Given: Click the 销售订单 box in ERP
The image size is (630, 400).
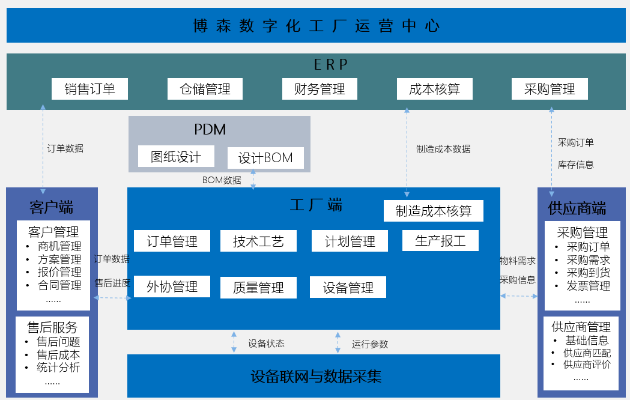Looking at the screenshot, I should point(90,89).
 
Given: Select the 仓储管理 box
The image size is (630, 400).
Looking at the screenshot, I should point(205,89).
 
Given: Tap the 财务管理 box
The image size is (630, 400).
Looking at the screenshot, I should point(320,89).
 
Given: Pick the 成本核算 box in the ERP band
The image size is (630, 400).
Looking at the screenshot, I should point(434,89).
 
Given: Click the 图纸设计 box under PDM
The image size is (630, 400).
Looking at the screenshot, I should point(175,157).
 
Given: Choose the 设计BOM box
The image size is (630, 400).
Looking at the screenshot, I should point(265,158).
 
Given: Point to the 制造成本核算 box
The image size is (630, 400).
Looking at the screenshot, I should point(433,211).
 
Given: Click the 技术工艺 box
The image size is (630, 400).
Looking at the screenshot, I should point(258,241).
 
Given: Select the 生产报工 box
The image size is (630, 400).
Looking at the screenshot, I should point(440,240).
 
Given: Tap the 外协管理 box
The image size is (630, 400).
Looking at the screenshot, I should point(172,286).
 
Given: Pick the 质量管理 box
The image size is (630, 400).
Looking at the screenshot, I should point(258,288).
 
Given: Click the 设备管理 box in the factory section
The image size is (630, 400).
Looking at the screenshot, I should point(348,287).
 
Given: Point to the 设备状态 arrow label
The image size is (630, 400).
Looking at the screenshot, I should point(266,344).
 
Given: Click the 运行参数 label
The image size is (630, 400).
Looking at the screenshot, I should point(370,344).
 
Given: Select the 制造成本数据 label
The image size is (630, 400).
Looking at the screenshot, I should point(443,149).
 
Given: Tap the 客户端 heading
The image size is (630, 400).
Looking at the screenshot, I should point(51,208).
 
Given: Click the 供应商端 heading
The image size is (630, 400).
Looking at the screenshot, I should point(577,208).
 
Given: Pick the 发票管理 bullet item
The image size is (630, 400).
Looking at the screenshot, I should point(588,286).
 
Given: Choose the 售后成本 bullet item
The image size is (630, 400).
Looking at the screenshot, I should point(58,354).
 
